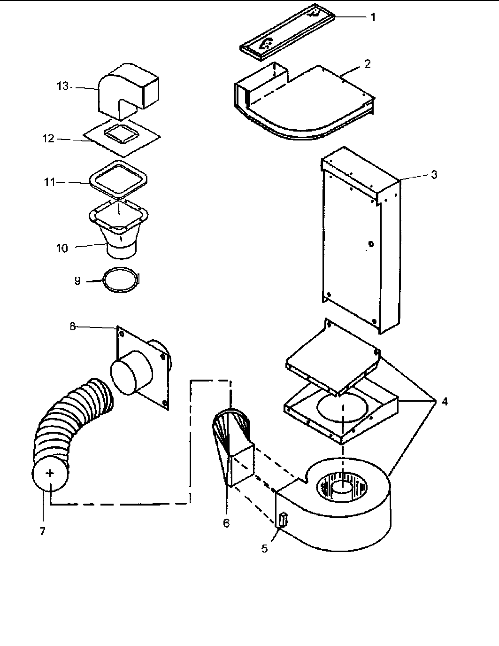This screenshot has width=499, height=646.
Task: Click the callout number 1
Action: point(373,17)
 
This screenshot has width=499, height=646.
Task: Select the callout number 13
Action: point(62,86)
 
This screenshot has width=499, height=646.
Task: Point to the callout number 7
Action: point(42,531)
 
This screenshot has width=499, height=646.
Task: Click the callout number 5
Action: point(265,548)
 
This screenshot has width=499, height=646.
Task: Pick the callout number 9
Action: point(77,280)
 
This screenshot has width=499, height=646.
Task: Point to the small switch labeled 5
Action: point(283,520)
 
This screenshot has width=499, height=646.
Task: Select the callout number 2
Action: point(367,64)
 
